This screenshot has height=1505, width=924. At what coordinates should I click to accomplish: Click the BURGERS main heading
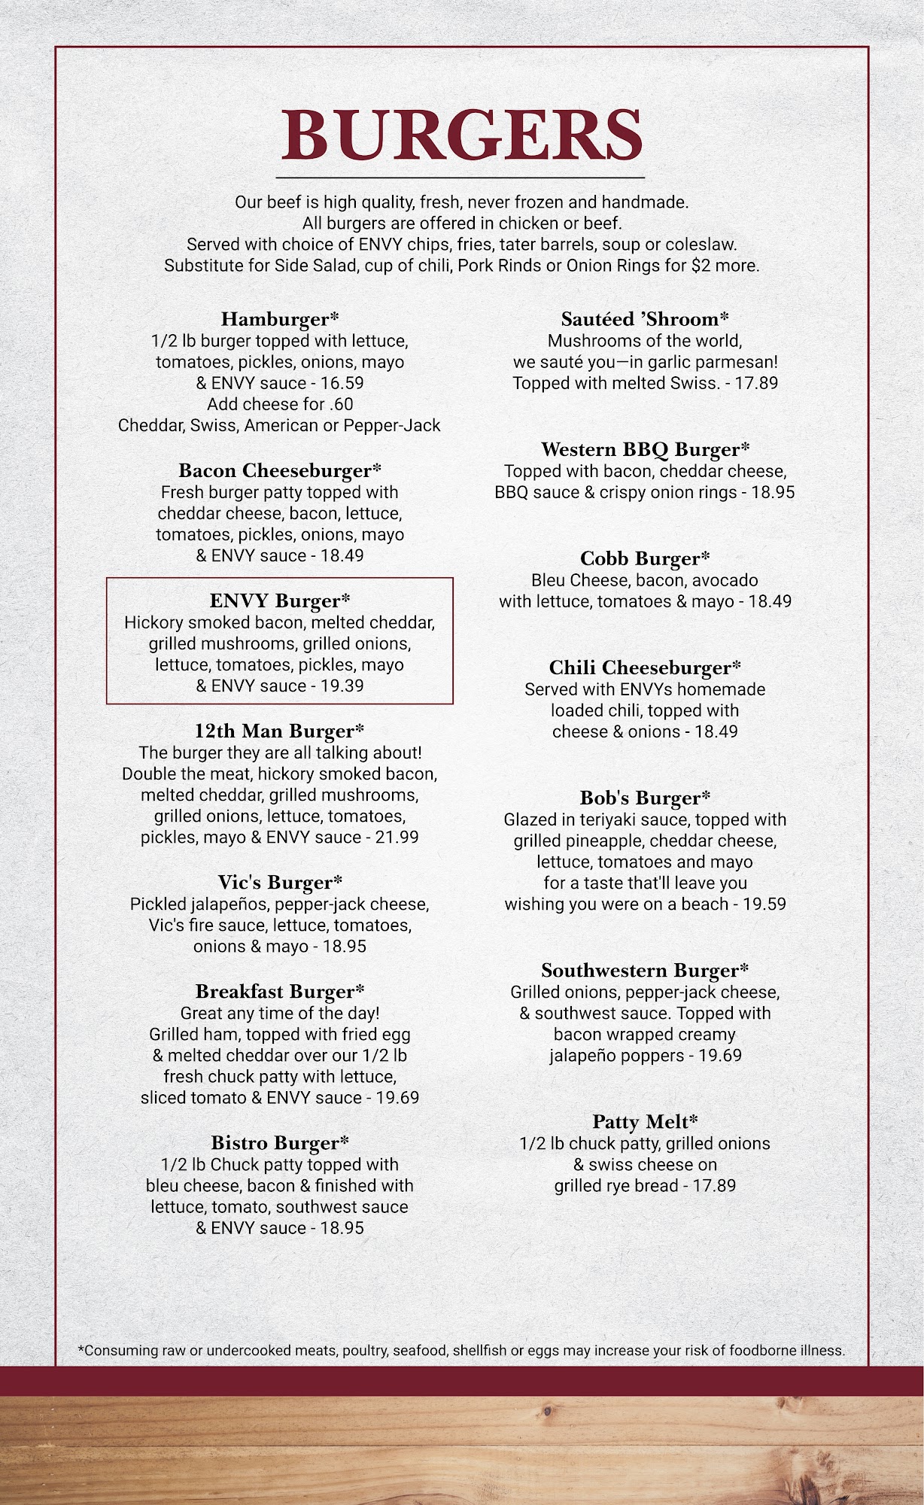[x=461, y=135]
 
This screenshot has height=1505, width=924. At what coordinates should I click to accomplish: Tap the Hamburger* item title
[x=280, y=319]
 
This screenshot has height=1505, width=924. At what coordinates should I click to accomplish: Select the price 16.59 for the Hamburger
[x=342, y=383]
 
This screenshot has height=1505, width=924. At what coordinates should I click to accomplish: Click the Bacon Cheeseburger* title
[x=280, y=471]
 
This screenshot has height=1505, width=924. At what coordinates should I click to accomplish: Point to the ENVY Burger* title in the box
[x=280, y=601]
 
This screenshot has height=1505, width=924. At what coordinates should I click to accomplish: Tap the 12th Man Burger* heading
[x=280, y=731]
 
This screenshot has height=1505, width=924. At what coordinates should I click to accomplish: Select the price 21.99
[x=397, y=838]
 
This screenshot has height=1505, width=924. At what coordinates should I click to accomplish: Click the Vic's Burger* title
[x=280, y=883]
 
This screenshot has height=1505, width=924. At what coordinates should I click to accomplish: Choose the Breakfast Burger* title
[x=280, y=992]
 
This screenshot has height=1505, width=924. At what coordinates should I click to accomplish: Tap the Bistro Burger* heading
[x=280, y=1143]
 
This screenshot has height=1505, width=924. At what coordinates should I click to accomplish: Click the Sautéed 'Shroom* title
[x=645, y=319]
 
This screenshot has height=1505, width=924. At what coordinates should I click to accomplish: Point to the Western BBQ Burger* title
[x=645, y=450]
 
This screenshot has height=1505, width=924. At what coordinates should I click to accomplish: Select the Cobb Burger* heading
[x=645, y=559]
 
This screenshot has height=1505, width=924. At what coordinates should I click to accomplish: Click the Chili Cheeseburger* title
[x=645, y=668]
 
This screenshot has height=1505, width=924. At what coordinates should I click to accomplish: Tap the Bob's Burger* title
[x=645, y=798]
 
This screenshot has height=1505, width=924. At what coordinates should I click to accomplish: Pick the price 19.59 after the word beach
[x=764, y=905]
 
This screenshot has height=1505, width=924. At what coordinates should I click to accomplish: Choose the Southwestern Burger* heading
[x=645, y=971]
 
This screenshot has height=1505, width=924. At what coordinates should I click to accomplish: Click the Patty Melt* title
[x=645, y=1122]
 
